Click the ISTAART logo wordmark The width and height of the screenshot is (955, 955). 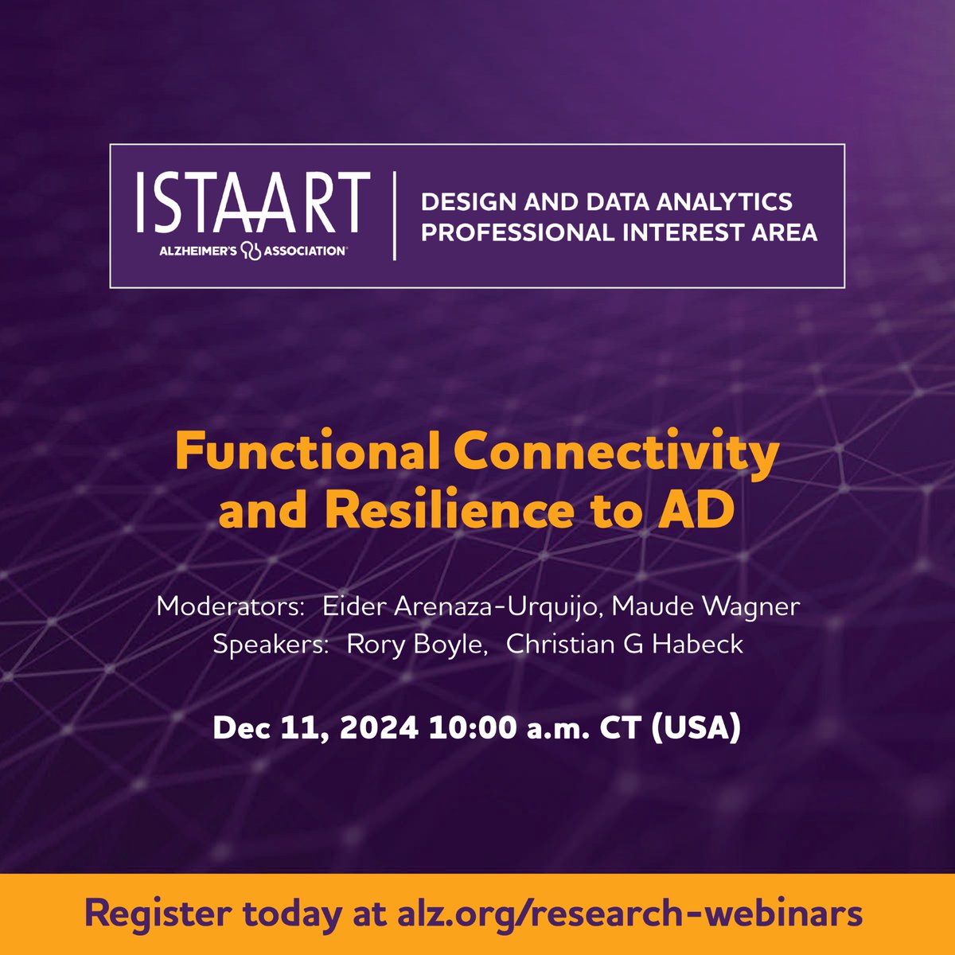pos(252,202)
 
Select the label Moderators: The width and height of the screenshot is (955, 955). pos(231,606)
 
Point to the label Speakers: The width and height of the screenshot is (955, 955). pos(271,644)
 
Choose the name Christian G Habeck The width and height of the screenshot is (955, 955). pos(625,644)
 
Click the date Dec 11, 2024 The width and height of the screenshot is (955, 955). pos(316,728)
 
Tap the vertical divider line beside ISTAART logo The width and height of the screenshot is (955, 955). pos(396,215)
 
